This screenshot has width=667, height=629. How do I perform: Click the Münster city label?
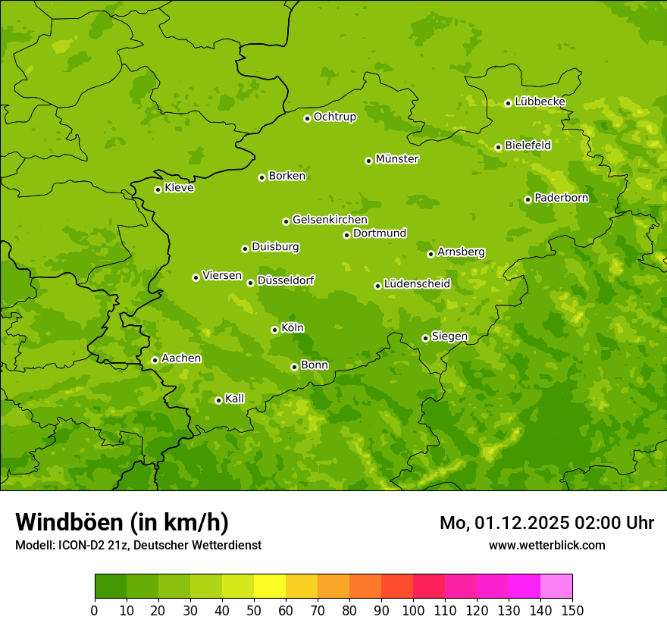coord(397,159)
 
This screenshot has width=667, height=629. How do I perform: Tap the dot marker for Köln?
coord(274,330)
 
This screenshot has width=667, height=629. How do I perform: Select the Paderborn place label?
coord(561,198)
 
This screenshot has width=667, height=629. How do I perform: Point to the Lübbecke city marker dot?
coord(508,103)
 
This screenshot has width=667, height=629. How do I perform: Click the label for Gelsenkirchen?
coord(330,220)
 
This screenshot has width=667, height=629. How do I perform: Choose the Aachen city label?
coord(181,358)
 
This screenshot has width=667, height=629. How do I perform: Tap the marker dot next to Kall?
coord(218,400)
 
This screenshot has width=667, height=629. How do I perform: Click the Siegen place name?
coord(449,336)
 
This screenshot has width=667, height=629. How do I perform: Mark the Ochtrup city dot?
coord(307,118)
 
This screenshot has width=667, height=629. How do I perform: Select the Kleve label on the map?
coord(179,188)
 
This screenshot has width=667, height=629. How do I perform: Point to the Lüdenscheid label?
coord(417,284)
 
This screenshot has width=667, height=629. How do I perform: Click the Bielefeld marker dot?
coord(498,147)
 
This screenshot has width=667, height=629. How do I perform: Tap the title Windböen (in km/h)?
coord(122,522)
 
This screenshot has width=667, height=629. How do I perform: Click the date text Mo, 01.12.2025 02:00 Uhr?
coord(546,523)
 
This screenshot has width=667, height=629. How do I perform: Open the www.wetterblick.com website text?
coord(546,545)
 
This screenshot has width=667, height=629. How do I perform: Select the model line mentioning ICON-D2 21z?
coord(138,545)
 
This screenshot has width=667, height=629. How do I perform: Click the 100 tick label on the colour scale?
coord(413,610)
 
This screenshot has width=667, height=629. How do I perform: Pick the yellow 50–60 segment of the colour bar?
coord(270,587)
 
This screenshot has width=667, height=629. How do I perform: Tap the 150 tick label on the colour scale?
coord(572,610)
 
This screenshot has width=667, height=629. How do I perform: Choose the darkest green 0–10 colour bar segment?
coord(111,587)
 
